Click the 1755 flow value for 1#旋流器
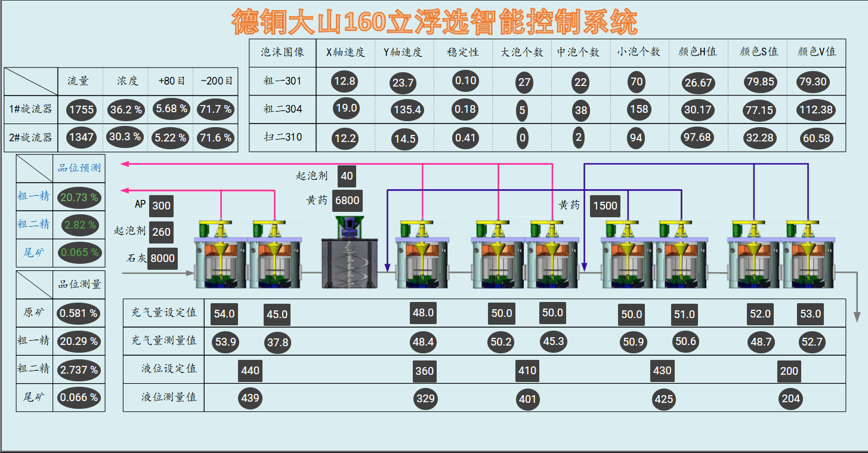(x=81, y=109)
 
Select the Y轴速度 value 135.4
(x=407, y=109)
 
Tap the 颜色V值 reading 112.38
(x=816, y=109)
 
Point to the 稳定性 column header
(x=463, y=52)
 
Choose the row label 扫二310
(x=283, y=137)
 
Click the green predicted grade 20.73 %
(x=79, y=197)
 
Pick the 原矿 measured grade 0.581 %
(x=79, y=313)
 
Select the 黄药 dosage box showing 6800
(x=347, y=201)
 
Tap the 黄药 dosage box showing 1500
(x=605, y=206)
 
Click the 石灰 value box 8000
(x=162, y=258)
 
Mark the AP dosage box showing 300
(x=161, y=206)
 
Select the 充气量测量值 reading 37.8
(x=277, y=342)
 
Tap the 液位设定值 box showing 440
(x=250, y=371)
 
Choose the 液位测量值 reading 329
(x=425, y=398)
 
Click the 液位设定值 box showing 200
(x=789, y=371)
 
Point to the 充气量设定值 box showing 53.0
(x=811, y=314)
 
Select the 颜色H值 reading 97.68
(x=697, y=137)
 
